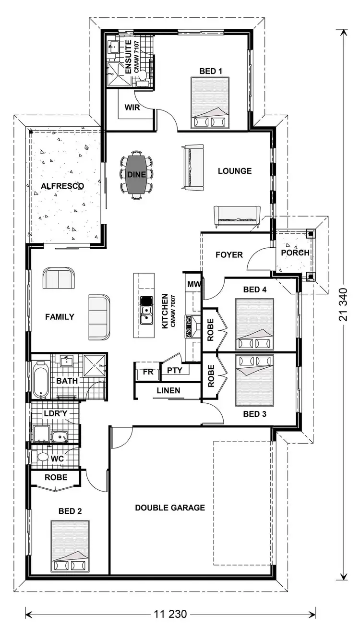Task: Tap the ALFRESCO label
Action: coord(62,186)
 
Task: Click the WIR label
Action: coord(132,108)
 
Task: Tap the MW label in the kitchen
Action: coord(193,285)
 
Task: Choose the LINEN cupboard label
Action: coord(168,390)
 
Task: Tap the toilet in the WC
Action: coord(42,458)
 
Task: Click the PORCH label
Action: coord(295,253)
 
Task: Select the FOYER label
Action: coord(229,254)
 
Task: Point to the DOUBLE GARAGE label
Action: coord(170,507)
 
